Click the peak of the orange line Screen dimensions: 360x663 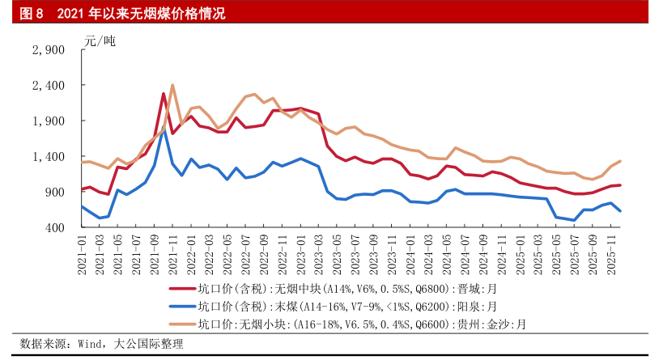172,85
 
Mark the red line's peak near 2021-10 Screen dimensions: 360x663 164,94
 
